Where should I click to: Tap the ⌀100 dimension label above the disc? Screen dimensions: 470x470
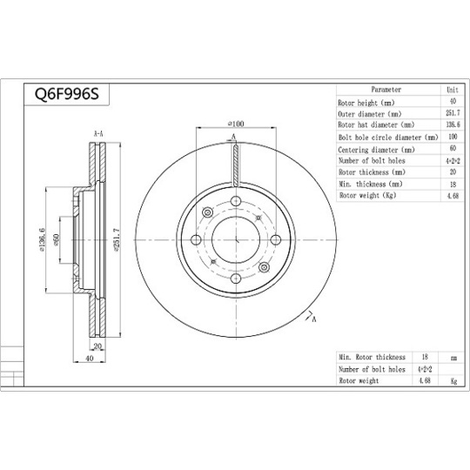[234, 124]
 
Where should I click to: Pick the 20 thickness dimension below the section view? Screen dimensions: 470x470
[97, 346]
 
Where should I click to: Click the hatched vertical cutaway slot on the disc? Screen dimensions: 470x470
[234, 165]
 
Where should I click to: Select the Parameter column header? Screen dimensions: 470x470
[386, 90]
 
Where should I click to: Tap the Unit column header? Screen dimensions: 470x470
[452, 90]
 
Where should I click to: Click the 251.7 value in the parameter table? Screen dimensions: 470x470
[452, 114]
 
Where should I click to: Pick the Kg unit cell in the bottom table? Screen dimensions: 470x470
[452, 380]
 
